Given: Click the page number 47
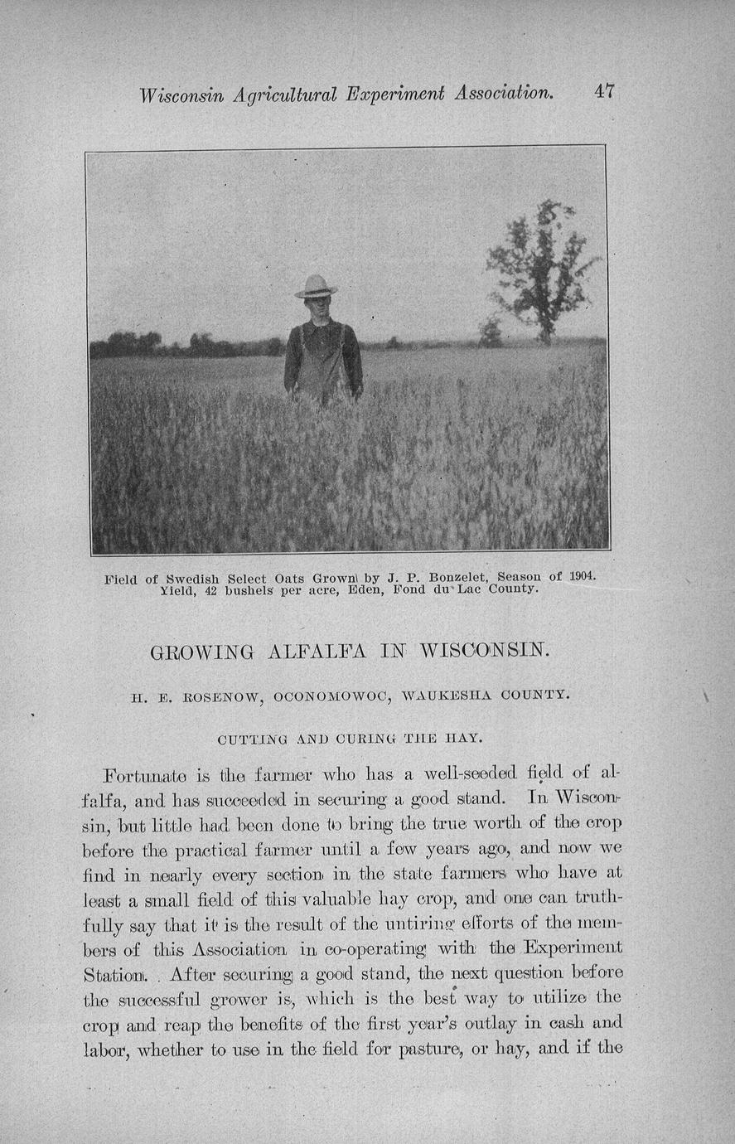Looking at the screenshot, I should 604,91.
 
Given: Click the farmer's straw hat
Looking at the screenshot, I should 316,287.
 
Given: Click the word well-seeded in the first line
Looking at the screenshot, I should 460,775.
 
